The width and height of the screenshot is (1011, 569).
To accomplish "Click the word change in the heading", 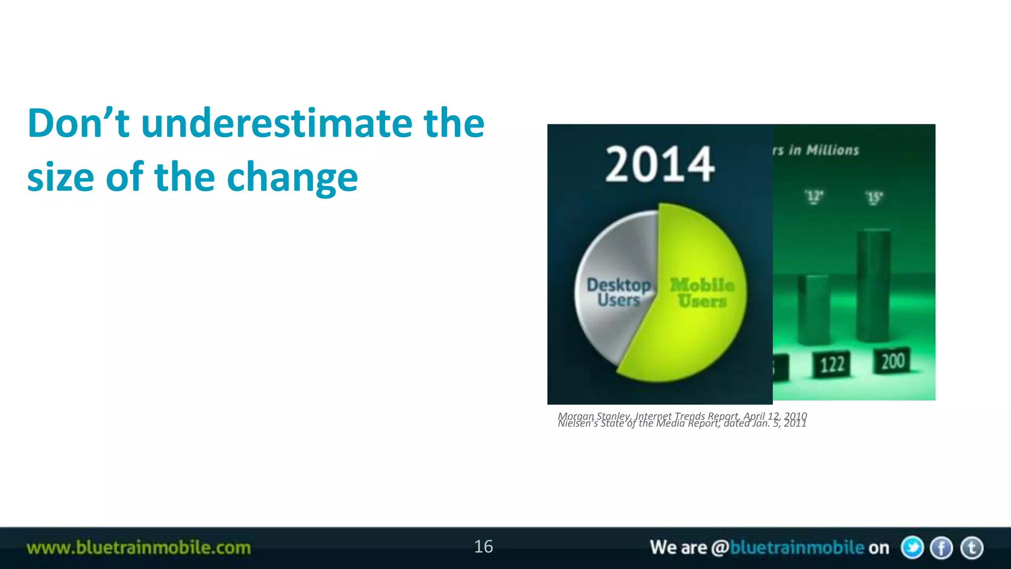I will (x=292, y=177).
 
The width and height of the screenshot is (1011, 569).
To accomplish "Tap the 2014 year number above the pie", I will (x=660, y=164).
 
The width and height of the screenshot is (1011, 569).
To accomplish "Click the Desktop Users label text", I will (x=618, y=292).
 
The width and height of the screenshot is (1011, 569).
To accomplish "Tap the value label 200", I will (x=893, y=361).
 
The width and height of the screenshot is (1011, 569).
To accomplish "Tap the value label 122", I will (x=832, y=365).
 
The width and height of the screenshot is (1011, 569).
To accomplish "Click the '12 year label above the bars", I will (x=814, y=197).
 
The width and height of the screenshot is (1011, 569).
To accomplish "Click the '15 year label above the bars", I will (x=874, y=198).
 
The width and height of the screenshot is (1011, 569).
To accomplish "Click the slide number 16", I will (x=483, y=547).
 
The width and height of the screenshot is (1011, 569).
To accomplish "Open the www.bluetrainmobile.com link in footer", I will (x=139, y=548).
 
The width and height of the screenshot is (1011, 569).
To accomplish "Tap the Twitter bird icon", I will (x=912, y=548).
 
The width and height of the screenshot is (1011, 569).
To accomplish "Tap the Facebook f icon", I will (x=941, y=548).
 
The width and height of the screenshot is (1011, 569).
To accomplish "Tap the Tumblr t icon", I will (x=972, y=548).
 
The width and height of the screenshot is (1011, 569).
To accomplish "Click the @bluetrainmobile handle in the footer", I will (x=787, y=548).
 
